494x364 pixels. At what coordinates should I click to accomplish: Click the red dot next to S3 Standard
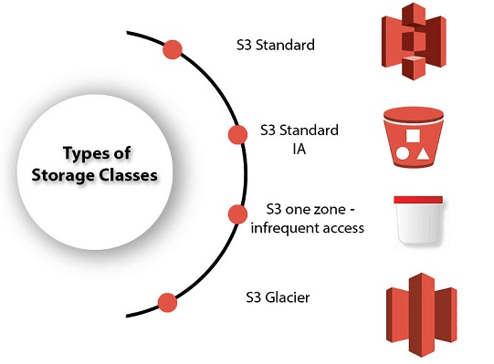click(x=171, y=50)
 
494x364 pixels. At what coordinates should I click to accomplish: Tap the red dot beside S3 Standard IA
click(x=237, y=134)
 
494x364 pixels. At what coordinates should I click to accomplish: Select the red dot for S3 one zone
click(x=236, y=215)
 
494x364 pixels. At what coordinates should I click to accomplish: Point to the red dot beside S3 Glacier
click(x=166, y=302)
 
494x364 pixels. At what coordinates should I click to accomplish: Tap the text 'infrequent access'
click(x=308, y=226)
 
